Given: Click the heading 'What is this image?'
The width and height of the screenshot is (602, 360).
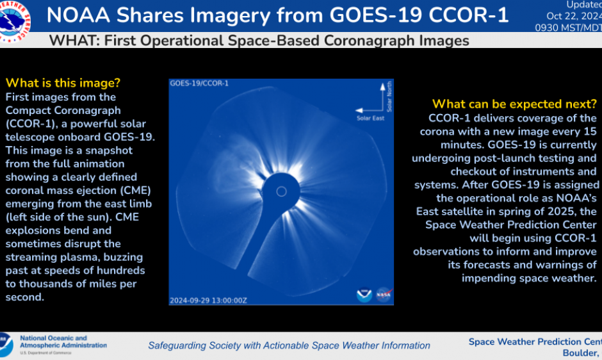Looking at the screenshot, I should tap(63, 83).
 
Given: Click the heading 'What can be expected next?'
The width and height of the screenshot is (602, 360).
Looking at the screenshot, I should tap(514, 104).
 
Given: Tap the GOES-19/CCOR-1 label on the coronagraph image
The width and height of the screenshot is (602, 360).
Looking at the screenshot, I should tap(199, 83).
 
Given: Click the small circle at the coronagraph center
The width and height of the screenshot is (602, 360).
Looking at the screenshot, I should tap(281, 191).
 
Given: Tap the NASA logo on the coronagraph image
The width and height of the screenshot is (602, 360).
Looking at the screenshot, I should tap(383, 295).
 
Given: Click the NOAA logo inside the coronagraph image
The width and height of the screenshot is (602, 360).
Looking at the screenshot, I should tap(364, 295).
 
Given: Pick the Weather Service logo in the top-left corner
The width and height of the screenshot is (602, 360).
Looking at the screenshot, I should tap(14, 18).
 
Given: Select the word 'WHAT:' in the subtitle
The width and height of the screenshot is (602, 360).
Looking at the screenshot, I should tap(75, 41).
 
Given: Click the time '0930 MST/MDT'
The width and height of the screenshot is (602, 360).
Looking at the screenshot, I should tap(569, 28).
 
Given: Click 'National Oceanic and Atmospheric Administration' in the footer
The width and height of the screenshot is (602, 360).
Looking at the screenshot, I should tap(63, 342).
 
